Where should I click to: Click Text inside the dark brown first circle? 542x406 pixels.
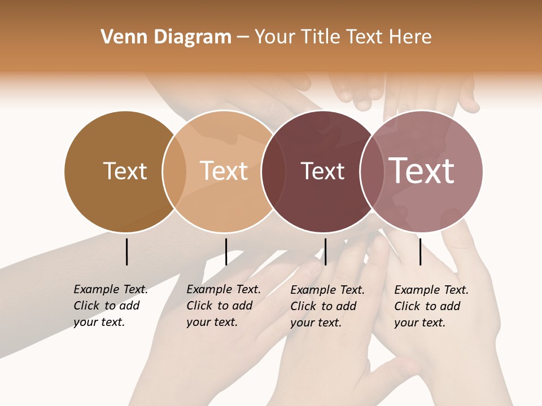pyautogui.click(x=125, y=171)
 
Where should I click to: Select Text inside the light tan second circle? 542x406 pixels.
pyautogui.click(x=224, y=171)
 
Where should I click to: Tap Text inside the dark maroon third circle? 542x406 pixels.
pyautogui.click(x=322, y=171)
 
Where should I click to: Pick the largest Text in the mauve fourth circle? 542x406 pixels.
pyautogui.click(x=422, y=171)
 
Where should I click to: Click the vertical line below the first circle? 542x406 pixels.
pyautogui.click(x=127, y=251)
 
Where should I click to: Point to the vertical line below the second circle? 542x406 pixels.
pyautogui.click(x=226, y=251)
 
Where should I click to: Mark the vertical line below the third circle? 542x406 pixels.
pyautogui.click(x=325, y=251)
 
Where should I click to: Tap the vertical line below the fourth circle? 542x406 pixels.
pyautogui.click(x=420, y=251)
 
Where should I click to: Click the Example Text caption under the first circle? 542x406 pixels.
pyautogui.click(x=111, y=306)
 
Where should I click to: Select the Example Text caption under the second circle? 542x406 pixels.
pyautogui.click(x=224, y=306)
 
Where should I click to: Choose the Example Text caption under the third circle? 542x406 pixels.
pyautogui.click(x=327, y=306)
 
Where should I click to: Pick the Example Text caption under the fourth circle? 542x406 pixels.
pyautogui.click(x=431, y=306)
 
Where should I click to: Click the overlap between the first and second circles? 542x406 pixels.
pyautogui.click(x=174, y=171)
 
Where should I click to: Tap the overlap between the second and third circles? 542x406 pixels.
pyautogui.click(x=274, y=171)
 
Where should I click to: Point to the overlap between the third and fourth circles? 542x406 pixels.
pyautogui.click(x=371, y=171)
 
